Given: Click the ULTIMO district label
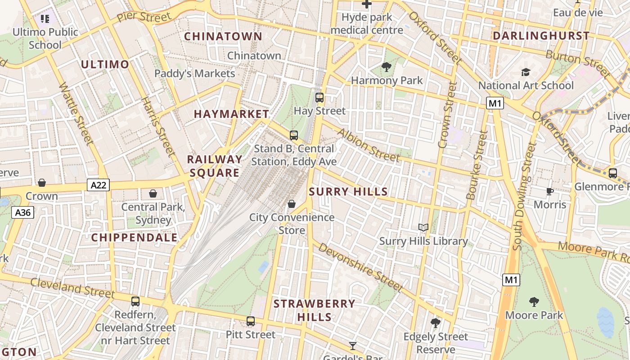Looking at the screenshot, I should [x=105, y=64].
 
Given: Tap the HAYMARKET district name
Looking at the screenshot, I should [x=231, y=114].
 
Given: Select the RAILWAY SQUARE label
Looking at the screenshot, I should [x=215, y=166].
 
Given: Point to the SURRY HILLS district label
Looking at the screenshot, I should [x=348, y=192].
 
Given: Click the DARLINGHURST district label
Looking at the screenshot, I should [x=541, y=36].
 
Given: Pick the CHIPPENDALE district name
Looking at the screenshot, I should [x=135, y=238].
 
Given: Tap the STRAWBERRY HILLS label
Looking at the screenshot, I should [x=314, y=310].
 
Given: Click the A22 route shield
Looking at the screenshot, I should [x=98, y=185].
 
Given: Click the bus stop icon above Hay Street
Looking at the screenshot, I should [x=319, y=97].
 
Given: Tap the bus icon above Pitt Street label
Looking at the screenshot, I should [x=251, y=321].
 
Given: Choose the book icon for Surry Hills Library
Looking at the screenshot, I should [x=423, y=228].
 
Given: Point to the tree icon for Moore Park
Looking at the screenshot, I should [x=534, y=301].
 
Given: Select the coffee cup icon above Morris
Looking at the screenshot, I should [x=549, y=192].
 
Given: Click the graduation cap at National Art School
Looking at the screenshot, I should [x=525, y=72].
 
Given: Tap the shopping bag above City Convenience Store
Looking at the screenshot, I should [x=292, y=204].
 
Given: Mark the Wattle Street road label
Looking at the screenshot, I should [x=76, y=113].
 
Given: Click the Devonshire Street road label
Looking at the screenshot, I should [x=360, y=267].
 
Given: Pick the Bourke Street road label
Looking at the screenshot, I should [x=477, y=165].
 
